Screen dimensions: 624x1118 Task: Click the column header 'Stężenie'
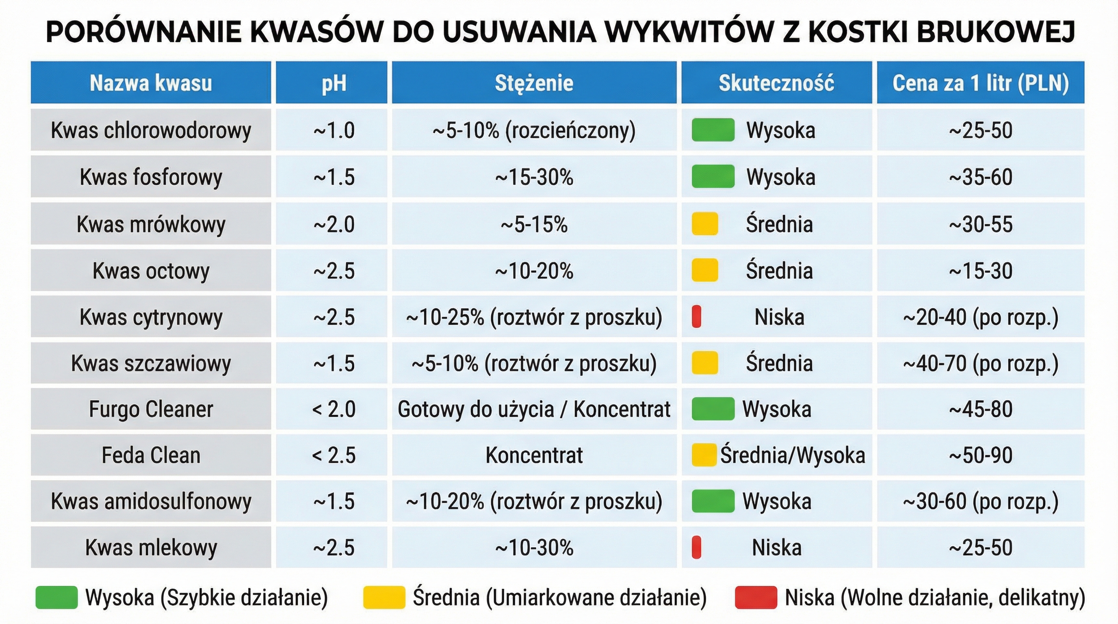[x=534, y=83]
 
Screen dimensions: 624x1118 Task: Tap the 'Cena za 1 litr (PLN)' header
[x=980, y=83]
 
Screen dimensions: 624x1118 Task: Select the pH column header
[x=333, y=83]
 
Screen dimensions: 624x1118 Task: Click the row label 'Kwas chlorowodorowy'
[x=151, y=130]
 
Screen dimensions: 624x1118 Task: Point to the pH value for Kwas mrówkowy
[x=333, y=224]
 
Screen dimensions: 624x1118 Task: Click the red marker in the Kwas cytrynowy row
[x=696, y=317]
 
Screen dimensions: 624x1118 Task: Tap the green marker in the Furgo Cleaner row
[x=713, y=409]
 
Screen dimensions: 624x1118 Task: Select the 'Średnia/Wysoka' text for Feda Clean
[x=793, y=455]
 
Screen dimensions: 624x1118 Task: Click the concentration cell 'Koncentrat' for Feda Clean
[x=534, y=455]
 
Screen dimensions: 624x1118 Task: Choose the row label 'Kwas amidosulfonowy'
[x=151, y=501]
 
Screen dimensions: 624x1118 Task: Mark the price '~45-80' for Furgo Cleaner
[x=980, y=409]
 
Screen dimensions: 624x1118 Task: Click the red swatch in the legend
[x=756, y=597]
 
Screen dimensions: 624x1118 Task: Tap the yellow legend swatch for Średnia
[x=383, y=597]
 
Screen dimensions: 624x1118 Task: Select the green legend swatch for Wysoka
[x=56, y=597]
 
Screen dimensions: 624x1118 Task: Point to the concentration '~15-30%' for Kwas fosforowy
[x=534, y=177]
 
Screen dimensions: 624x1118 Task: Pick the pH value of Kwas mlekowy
[x=333, y=547]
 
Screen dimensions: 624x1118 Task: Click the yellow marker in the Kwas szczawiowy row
[x=704, y=363]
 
